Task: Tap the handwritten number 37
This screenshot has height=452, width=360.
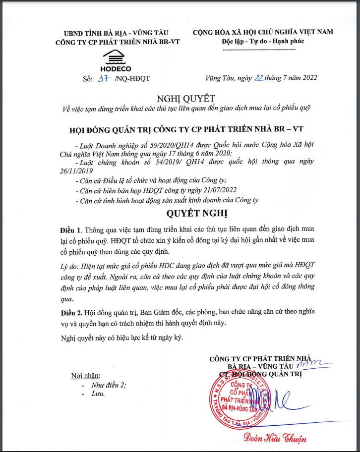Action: [103, 78]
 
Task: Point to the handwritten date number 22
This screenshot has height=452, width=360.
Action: [258, 77]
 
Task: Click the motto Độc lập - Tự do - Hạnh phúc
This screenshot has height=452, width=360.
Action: [263, 41]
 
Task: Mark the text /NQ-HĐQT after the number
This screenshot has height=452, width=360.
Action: [131, 78]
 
